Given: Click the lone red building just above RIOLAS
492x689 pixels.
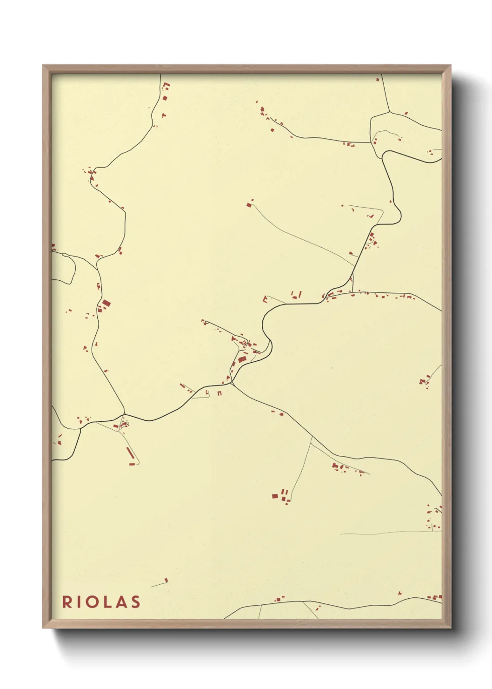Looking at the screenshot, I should click(x=166, y=580).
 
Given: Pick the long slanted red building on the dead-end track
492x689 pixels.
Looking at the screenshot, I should click(x=130, y=452).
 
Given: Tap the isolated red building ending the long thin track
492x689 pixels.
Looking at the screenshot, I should click(x=250, y=203).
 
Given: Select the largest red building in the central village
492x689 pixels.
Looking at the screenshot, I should click(x=242, y=359).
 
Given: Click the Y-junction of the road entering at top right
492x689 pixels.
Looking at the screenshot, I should click(x=390, y=112).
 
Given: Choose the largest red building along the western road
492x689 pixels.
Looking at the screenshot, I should click(x=106, y=304).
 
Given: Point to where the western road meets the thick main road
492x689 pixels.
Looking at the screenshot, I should click(x=124, y=414).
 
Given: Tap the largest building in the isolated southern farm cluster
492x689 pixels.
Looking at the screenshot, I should click(x=275, y=496).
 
